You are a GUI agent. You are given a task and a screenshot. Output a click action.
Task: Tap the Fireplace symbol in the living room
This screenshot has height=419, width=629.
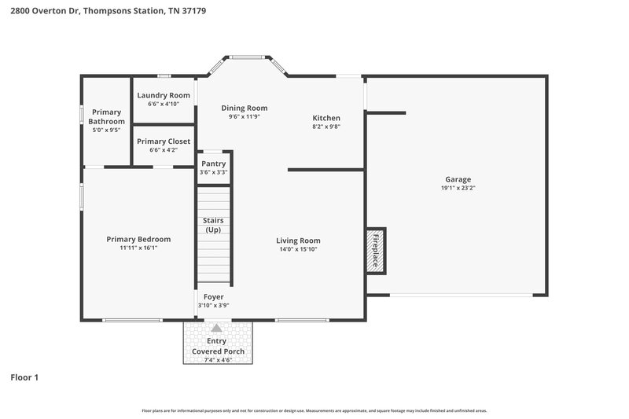point(374,252)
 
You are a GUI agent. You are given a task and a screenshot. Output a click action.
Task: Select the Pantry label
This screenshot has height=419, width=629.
point(214,164)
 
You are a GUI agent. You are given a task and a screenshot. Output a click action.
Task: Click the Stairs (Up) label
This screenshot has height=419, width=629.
point(213,225)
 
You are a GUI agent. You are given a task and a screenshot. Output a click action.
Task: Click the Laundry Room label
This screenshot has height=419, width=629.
point(164,95)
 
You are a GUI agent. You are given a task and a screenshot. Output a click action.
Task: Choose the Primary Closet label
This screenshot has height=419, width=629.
point(164,142)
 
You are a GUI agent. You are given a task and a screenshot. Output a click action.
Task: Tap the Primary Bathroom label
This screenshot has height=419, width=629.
point(106,116)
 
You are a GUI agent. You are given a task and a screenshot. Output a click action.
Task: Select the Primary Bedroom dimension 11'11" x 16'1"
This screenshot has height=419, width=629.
point(138,248)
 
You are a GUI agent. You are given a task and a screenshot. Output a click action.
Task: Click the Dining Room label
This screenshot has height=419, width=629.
point(244,108)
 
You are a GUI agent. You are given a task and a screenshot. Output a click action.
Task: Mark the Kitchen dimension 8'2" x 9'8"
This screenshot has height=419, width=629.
point(326,127)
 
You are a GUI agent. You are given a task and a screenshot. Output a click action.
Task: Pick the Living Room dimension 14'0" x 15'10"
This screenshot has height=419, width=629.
point(298,250)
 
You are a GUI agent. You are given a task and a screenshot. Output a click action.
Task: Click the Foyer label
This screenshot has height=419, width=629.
point(213,296)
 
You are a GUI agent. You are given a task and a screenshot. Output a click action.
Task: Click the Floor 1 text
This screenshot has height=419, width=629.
point(24,377)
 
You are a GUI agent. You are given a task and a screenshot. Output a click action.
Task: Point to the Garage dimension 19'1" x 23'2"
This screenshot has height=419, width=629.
point(458,188)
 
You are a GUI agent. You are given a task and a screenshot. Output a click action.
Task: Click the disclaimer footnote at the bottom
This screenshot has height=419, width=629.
point(314,410)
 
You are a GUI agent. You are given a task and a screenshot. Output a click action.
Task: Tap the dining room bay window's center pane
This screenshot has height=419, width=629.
point(248,57)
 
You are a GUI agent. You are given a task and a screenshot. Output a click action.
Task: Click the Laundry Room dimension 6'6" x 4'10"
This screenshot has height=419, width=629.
point(164,104)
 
